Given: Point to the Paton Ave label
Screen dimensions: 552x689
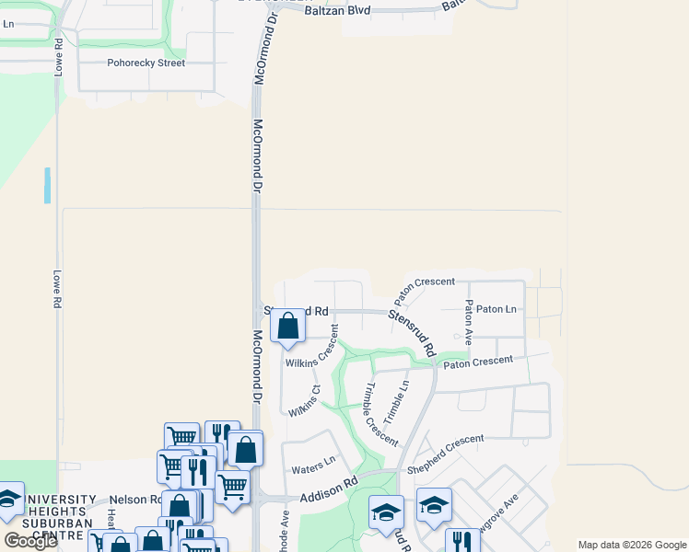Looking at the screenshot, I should pyautogui.click(x=469, y=322).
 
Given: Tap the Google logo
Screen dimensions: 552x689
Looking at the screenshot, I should pyautogui.click(x=29, y=541).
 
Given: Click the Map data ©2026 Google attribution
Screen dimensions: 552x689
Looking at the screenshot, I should pyautogui.click(x=631, y=545).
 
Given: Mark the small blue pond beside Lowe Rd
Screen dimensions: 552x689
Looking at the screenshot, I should pyautogui.click(x=47, y=185).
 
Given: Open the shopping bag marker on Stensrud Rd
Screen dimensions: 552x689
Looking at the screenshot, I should pyautogui.click(x=287, y=327).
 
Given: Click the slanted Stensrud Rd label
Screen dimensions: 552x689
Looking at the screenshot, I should pyautogui.click(x=412, y=332).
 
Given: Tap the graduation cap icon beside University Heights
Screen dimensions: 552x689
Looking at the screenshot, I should pyautogui.click(x=9, y=499).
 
